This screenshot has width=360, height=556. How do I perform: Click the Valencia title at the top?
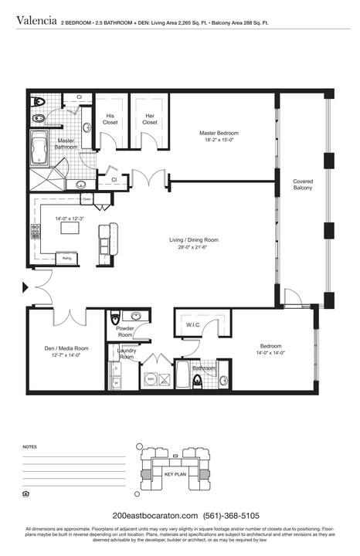click(36, 22)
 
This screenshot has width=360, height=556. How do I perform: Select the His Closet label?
click(110, 119)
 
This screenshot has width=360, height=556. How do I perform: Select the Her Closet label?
click(149, 119)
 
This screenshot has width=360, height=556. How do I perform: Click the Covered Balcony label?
click(303, 185)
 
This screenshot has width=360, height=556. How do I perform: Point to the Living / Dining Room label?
click(194, 240)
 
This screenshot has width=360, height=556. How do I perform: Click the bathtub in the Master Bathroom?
click(38, 149)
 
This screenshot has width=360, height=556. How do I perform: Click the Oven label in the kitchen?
click(87, 199)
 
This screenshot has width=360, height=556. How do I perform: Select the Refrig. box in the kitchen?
click(67, 258)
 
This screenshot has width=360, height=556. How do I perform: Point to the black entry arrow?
click(25, 288)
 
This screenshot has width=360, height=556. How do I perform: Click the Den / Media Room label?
click(66, 348)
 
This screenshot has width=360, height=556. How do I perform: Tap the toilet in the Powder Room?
click(115, 318)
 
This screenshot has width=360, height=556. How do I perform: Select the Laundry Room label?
click(127, 354)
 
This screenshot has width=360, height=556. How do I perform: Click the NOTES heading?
click(30, 447)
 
